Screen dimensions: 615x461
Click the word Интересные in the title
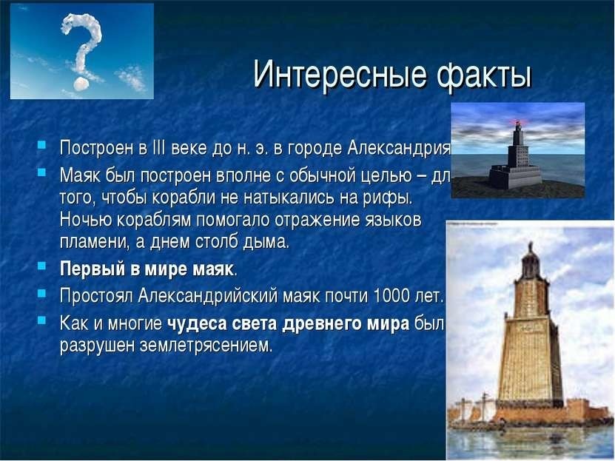click(x=339, y=74)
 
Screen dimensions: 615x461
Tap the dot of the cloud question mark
click(x=81, y=83)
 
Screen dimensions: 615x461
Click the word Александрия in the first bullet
click(x=398, y=149)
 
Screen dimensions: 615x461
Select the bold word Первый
click(x=93, y=269)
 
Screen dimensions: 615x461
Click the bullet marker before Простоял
click(x=42, y=292)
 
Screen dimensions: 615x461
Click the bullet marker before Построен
click(x=42, y=145)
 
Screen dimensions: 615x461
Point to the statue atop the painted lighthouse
click(x=531, y=247)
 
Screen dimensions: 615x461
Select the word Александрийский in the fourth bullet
click(x=207, y=296)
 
